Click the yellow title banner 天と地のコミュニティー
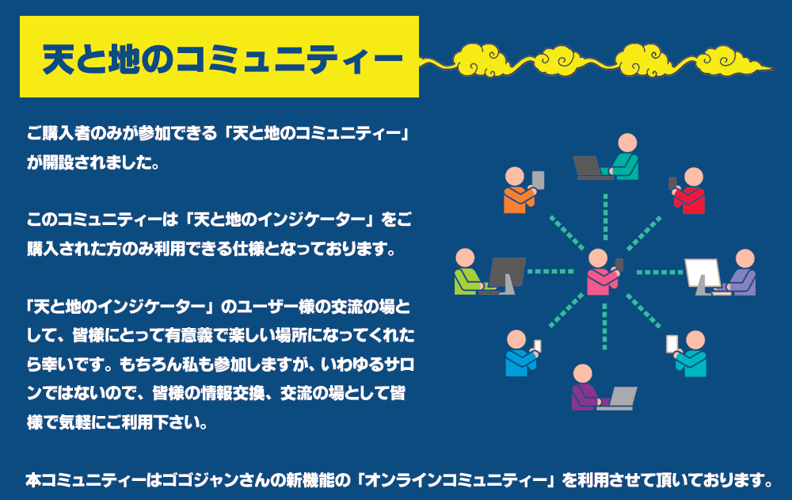tap(219, 57)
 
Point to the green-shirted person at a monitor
tap(467, 273)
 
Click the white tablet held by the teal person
tap(672, 344)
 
